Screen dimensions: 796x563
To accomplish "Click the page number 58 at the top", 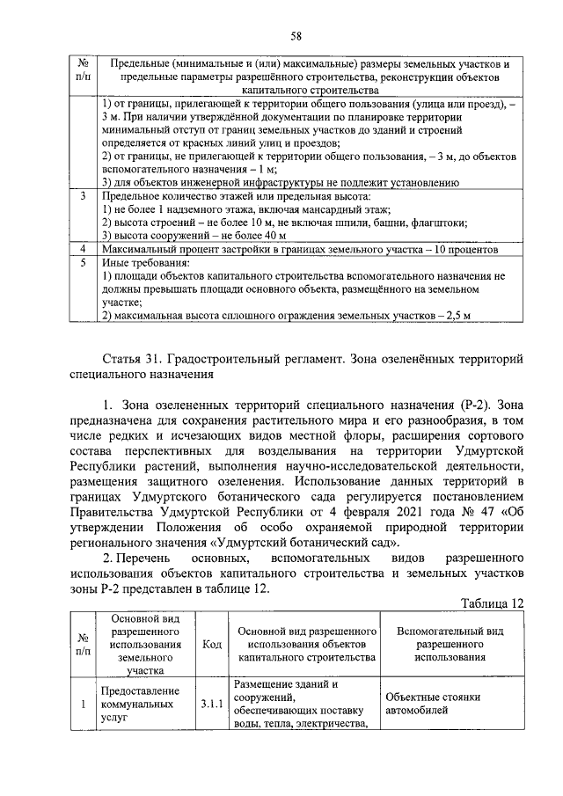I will click(296, 35).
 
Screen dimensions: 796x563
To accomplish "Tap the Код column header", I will click(211, 645).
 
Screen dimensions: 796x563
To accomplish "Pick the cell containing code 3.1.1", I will click(211, 705).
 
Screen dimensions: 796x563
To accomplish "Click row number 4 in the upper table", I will click(81, 250).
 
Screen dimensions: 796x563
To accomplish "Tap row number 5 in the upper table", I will click(81, 262).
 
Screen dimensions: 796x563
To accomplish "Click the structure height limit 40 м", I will click(274, 236).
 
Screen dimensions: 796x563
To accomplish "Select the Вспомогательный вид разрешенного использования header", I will click(450, 645).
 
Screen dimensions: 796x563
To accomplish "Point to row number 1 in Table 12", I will click(81, 705).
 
